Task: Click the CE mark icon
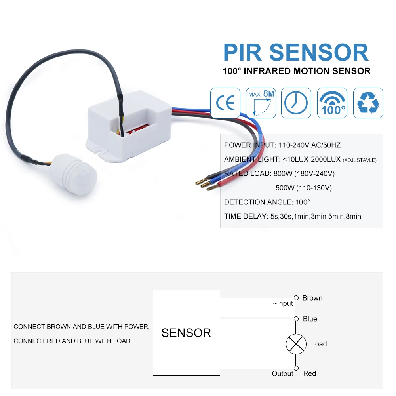[225, 103]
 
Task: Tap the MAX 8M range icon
[261, 103]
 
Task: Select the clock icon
[296, 103]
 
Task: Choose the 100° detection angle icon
[332, 103]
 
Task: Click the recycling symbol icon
[368, 103]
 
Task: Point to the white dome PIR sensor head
[73, 174]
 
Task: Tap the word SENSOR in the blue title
[319, 53]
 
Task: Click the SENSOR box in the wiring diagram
[187, 333]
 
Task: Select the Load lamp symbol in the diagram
[296, 344]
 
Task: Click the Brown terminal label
[312, 298]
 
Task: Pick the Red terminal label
[310, 373]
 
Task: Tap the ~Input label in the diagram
[283, 303]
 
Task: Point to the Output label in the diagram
[283, 374]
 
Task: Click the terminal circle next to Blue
[296, 319]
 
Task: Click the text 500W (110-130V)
[304, 188]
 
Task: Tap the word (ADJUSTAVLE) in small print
[360, 160]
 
